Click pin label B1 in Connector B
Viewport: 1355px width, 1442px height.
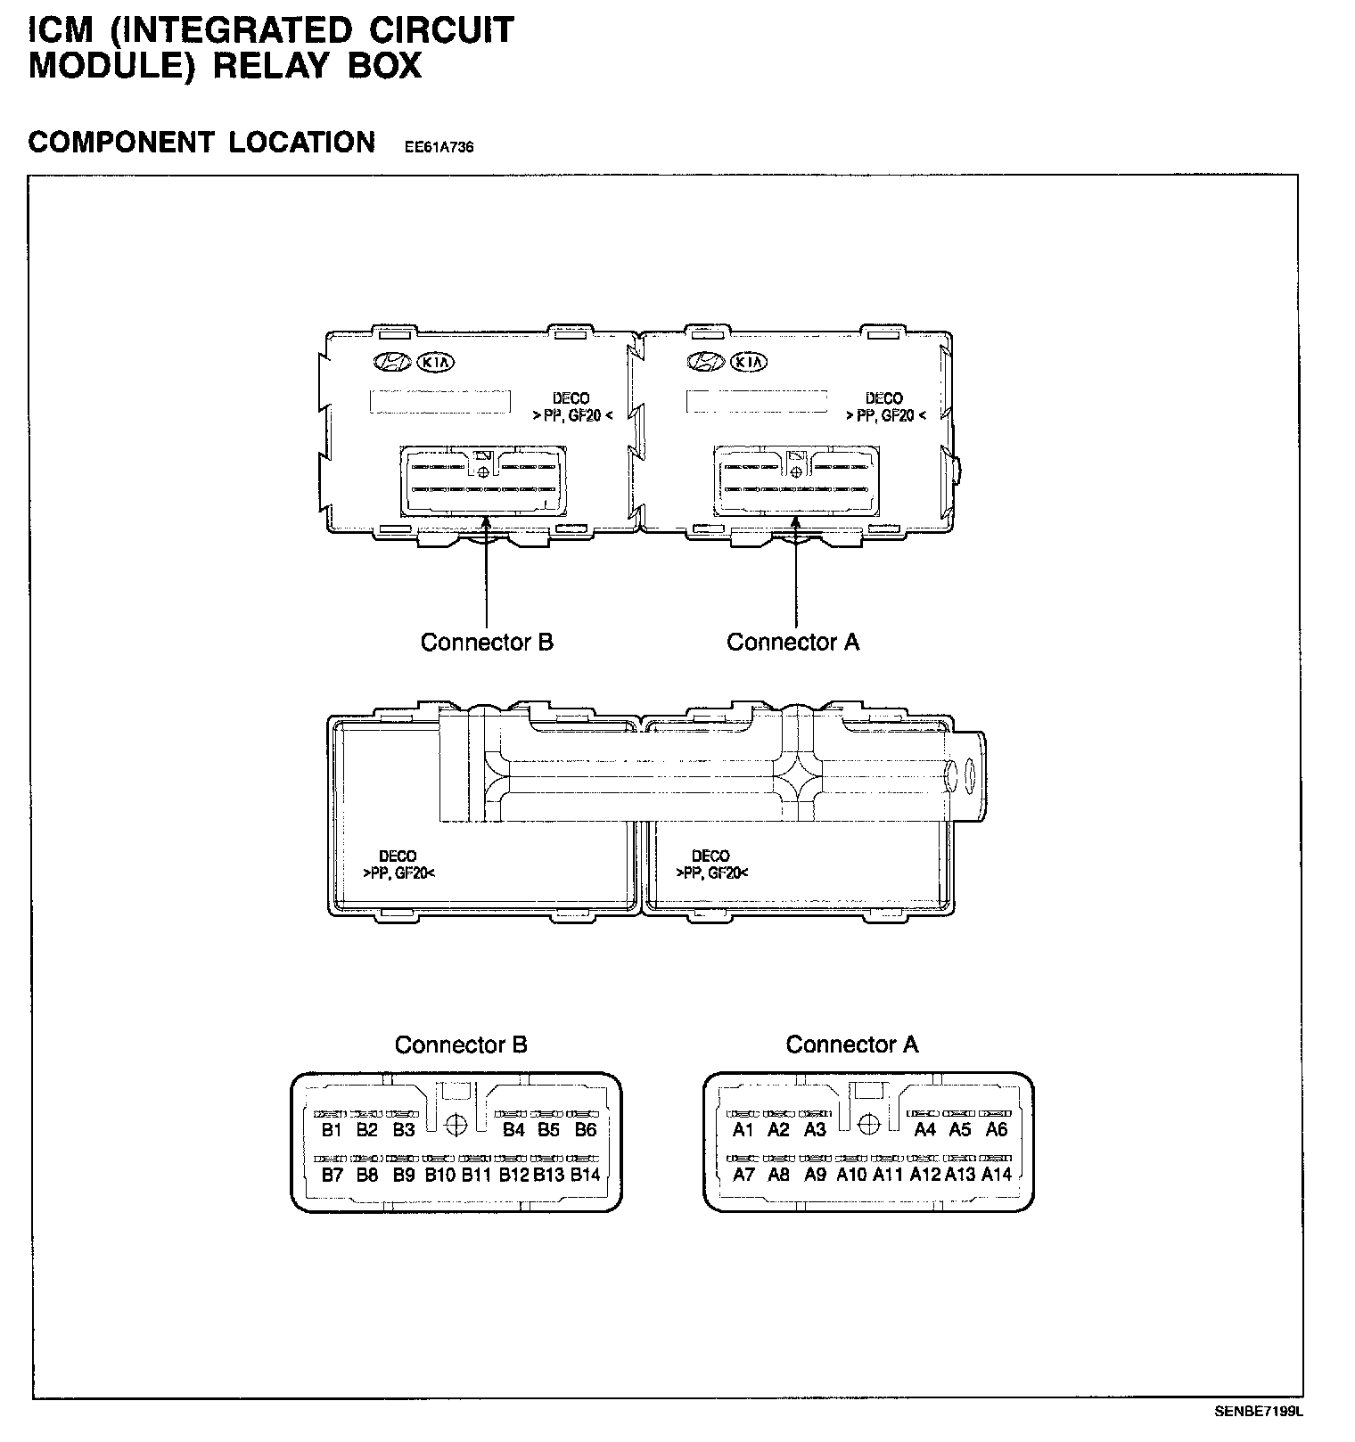point(332,1130)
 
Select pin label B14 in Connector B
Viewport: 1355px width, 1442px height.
point(585,1175)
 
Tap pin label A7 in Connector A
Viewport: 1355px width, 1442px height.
point(743,1175)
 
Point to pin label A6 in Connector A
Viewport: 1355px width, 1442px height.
point(996,1130)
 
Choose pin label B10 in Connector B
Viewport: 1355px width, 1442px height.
point(439,1175)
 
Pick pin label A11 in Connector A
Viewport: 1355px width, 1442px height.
point(888,1175)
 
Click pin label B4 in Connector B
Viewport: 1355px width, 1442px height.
point(513,1130)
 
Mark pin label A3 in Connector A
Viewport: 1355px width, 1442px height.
point(815,1130)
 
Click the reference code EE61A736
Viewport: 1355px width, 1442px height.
point(439,148)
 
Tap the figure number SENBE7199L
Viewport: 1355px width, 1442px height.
point(1258,1412)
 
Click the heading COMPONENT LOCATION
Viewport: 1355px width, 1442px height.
point(202,143)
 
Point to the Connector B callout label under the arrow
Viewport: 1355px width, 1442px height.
point(487,643)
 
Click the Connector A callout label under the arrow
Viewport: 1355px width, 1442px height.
point(792,643)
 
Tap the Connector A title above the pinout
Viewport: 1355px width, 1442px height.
point(851,1045)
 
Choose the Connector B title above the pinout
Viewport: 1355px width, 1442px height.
point(461,1045)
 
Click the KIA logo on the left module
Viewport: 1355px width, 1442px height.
point(435,363)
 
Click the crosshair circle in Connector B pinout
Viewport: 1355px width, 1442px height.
point(456,1124)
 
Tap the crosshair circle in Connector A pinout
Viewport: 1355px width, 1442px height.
point(868,1124)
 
